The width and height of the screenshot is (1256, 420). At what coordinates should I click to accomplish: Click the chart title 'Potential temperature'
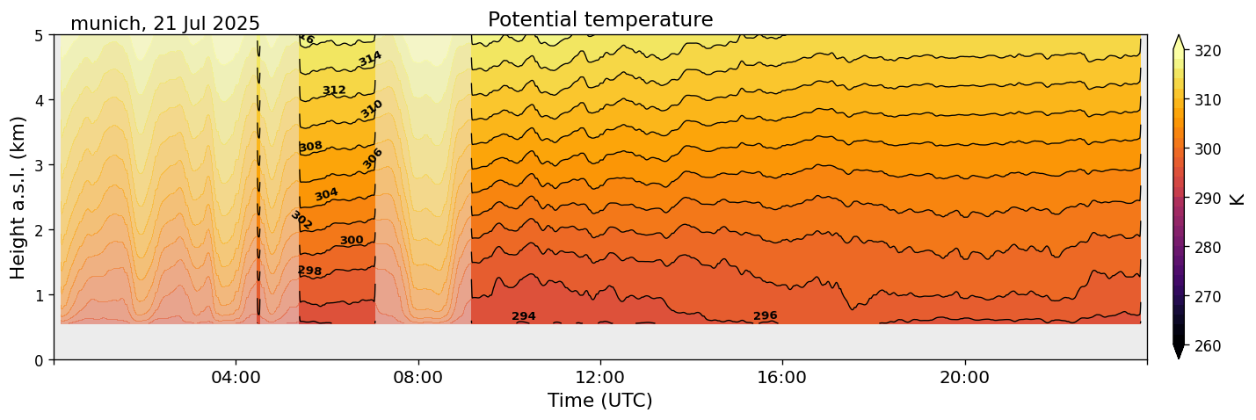click(600, 19)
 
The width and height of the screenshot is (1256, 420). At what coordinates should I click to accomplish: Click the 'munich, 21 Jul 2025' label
click(165, 24)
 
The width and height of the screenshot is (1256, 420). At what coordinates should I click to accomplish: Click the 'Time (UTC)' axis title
click(600, 401)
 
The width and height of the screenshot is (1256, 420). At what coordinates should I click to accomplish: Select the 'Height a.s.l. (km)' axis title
click(18, 197)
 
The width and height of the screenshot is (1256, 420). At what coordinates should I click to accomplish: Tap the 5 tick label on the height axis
click(39, 35)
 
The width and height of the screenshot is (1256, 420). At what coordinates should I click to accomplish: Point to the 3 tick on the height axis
click(39, 165)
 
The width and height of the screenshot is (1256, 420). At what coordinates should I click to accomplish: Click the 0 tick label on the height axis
click(39, 360)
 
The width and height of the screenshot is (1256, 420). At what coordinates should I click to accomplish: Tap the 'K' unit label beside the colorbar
click(1238, 199)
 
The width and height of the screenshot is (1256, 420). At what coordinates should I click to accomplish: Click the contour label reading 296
click(766, 316)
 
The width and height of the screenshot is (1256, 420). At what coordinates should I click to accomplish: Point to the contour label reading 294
click(524, 316)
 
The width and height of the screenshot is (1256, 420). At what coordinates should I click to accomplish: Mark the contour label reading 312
click(334, 91)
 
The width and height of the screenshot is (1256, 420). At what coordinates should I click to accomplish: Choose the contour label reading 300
click(352, 241)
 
